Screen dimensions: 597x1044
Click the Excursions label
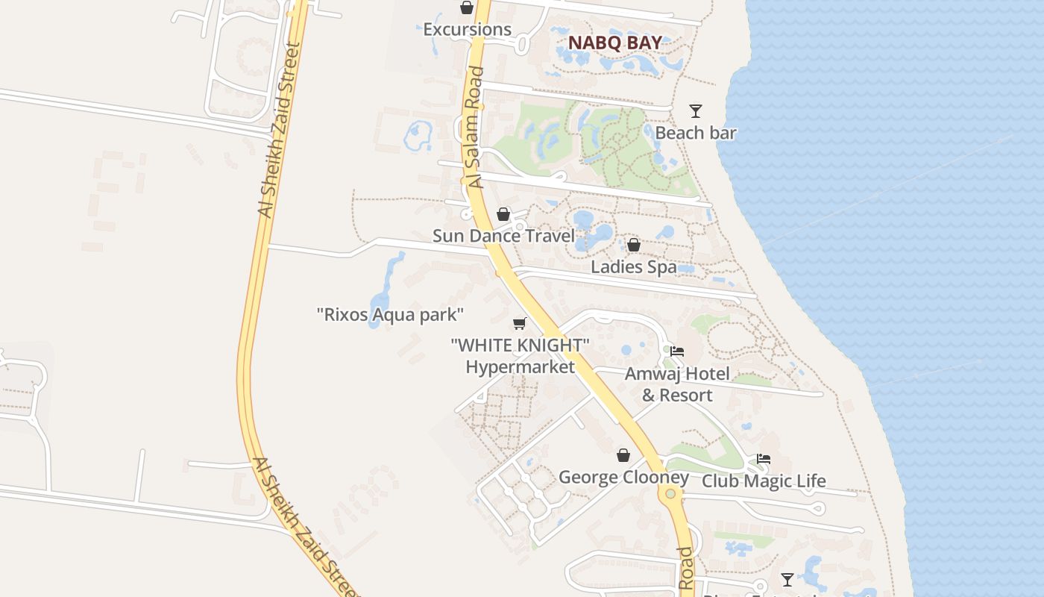(x=467, y=30)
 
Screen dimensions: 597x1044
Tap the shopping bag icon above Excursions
(x=467, y=7)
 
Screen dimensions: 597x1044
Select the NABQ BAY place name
(x=614, y=43)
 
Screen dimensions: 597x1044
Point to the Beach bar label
(x=696, y=133)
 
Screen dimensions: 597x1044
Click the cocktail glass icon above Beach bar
(x=696, y=111)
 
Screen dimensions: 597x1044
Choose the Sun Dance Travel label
(x=503, y=236)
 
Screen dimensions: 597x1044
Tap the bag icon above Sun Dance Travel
(x=503, y=214)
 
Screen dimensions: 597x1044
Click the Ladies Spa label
(x=634, y=266)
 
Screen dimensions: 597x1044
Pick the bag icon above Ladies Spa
(x=634, y=245)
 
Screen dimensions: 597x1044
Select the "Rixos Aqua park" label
(x=391, y=314)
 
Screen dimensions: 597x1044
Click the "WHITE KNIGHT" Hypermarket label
(x=521, y=356)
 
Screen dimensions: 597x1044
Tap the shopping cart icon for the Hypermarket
(x=520, y=323)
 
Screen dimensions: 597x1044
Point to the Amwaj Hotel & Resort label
(x=677, y=384)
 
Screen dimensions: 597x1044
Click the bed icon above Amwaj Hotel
(x=677, y=351)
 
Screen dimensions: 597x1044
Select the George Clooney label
(x=623, y=477)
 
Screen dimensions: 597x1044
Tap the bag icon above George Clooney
(x=623, y=455)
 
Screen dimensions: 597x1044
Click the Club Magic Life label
(x=764, y=481)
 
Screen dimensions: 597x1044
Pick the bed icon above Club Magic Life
(x=764, y=459)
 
